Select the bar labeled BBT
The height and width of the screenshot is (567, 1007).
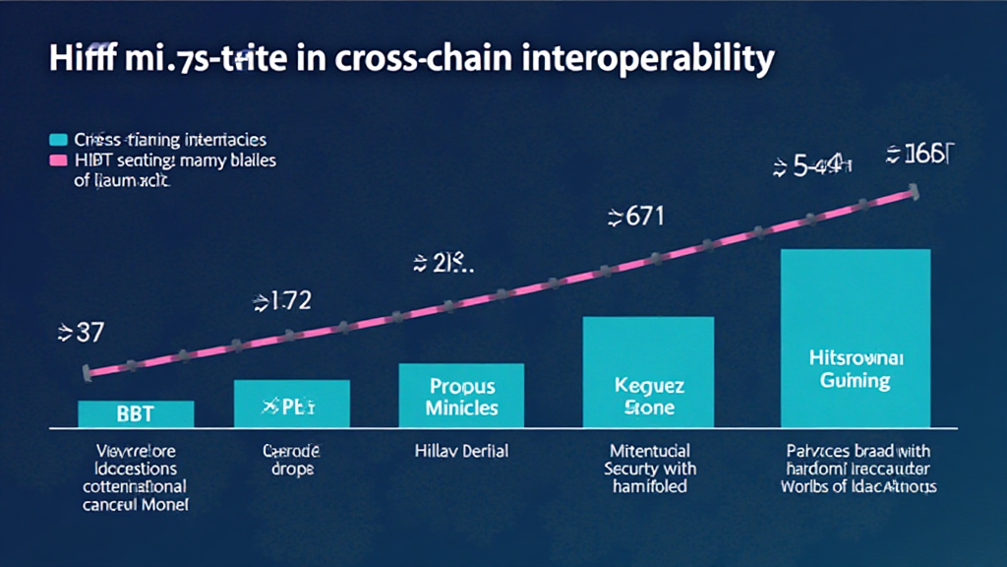[x=136, y=413]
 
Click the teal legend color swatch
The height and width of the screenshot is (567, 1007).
[x=58, y=140]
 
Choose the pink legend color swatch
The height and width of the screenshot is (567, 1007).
[x=58, y=159]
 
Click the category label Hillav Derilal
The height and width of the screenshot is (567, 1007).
[x=461, y=451]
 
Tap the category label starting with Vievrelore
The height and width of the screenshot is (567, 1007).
[x=136, y=477]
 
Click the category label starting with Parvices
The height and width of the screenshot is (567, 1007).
[x=859, y=469]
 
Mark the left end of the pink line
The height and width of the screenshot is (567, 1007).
[x=88, y=373]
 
